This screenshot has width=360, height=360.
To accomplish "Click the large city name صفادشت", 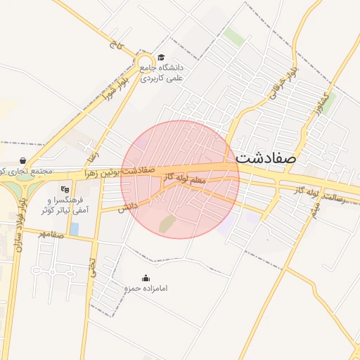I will tap(266, 157).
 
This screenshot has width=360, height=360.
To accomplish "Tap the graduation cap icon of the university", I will tap(161, 58).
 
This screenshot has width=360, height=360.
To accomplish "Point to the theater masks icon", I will tap(65, 188).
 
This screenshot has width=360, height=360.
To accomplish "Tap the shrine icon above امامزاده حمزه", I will tap(146, 278).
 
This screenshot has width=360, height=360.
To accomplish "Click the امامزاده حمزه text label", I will tap(144, 289).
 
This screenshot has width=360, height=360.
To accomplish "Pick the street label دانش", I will tap(127, 207).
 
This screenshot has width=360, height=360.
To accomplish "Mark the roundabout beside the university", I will tap(146, 64).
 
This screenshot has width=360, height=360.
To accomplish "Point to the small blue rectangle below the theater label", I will tap(74, 229).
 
